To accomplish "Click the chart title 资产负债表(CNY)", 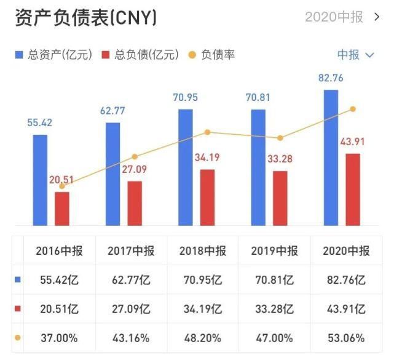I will (85, 18).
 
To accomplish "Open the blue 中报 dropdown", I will (355, 55).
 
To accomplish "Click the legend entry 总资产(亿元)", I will (53, 55).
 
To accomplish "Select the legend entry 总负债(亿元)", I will (140, 55).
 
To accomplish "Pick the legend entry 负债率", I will (212, 55).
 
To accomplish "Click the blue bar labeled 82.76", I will (331, 157).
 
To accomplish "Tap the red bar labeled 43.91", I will (352, 189).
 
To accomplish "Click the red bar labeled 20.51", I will (62, 209).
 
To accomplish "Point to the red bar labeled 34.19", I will (207, 197).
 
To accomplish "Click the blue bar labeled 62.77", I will (112, 174).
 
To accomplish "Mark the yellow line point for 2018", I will (207, 132).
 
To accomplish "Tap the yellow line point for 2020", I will (353, 109).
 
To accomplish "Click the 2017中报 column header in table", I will (131, 251).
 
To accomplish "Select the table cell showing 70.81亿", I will (274, 280).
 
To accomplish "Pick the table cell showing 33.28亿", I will (274, 309).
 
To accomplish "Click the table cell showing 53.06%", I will (346, 338).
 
